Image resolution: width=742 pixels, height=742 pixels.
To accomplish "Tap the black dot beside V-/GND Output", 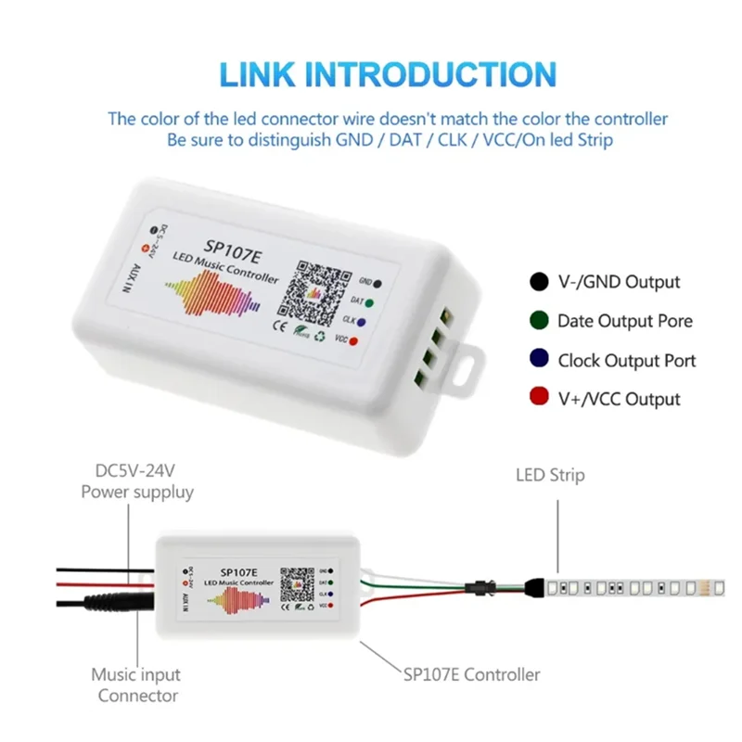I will (x=538, y=282).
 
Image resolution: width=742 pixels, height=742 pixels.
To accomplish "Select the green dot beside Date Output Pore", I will (x=538, y=321).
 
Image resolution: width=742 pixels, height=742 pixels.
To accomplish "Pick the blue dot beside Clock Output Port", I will (x=538, y=360).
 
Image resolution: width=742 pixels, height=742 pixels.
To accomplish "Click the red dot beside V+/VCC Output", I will (x=538, y=399).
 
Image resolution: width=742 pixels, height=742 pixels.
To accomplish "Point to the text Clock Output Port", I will (x=626, y=360).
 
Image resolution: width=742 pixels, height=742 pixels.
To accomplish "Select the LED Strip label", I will (x=550, y=475).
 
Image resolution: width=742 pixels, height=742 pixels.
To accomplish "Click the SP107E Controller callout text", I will (x=471, y=674).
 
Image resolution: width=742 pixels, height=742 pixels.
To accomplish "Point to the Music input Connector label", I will (x=136, y=685).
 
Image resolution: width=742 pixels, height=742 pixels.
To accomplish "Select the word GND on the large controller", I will (x=365, y=280).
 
